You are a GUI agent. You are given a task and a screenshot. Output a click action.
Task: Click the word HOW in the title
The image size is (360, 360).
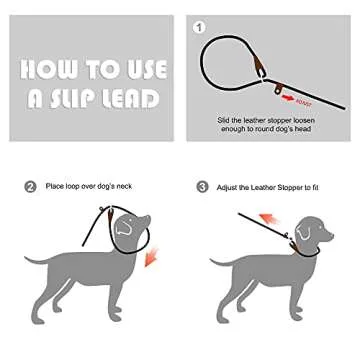[46, 69]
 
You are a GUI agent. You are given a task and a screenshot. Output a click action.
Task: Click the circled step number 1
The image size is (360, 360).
[199, 27]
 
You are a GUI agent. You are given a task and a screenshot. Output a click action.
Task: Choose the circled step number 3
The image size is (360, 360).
[203, 186]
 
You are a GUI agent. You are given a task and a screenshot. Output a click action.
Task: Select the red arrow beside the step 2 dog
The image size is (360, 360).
[150, 257]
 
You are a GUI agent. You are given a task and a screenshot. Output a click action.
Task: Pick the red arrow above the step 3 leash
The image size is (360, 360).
[269, 217]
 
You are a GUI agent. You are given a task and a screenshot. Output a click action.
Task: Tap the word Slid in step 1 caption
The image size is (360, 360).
[224, 119]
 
